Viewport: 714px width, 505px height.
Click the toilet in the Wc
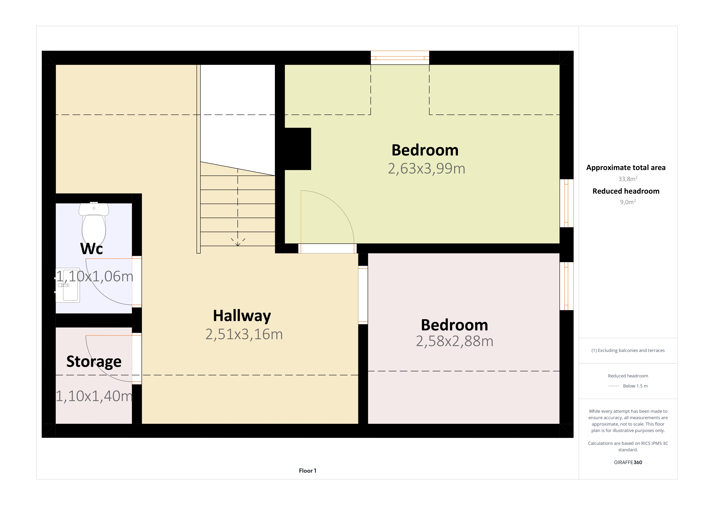pos(94,224)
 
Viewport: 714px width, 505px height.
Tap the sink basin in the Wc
pos(68,285)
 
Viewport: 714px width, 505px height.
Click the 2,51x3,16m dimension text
pos(244,334)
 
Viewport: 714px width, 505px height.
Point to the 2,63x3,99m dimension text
pos(426,169)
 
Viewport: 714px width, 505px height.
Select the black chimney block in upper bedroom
pos(298,149)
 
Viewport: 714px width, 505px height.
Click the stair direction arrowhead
pos(238,243)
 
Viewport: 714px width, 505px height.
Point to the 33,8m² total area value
pos(628,179)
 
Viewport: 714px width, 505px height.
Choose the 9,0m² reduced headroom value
pos(628,202)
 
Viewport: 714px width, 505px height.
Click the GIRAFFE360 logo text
pos(628,462)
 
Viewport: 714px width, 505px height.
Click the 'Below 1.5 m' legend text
pos(635,386)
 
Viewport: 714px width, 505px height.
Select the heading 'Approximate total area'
pos(626,168)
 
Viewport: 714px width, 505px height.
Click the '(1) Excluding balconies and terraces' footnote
pos(628,350)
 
